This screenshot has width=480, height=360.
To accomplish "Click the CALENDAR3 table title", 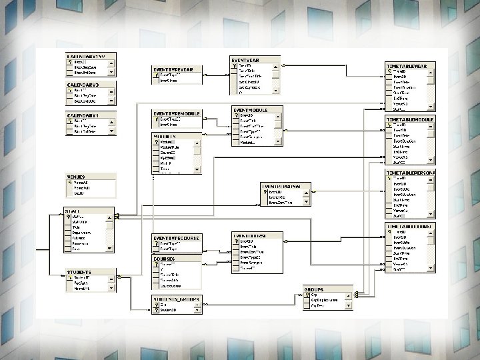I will click(83, 85).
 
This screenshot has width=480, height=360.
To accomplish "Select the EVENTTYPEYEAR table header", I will click(174, 69).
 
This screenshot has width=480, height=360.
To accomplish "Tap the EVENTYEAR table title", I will click(246, 60).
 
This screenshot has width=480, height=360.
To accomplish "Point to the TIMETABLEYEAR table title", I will click(411, 66).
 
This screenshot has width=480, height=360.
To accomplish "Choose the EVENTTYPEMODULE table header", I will click(177, 113).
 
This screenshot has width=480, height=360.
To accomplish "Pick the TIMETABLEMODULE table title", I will click(411, 119).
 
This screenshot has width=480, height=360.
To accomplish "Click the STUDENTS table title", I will click(79, 272).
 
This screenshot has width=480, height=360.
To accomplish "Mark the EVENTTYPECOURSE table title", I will click(177, 237).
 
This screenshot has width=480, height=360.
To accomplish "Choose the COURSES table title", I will click(164, 258).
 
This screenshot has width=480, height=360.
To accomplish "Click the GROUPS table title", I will click(315, 289).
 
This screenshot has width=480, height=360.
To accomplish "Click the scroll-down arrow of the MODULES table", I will click(197, 170).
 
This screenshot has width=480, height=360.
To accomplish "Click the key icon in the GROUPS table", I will click(307, 295).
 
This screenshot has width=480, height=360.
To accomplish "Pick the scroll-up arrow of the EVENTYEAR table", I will click(276, 65).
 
